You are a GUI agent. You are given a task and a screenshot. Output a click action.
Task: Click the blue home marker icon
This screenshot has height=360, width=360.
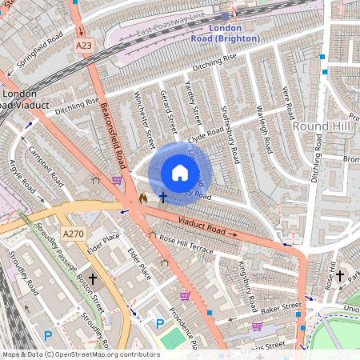click(180, 173)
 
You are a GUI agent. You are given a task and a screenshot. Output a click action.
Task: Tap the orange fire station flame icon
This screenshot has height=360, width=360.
click(143, 197)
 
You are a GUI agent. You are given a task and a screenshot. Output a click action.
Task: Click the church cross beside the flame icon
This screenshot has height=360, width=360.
click(162, 196)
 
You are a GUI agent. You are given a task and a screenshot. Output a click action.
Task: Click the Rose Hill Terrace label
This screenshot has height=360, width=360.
click(186, 244)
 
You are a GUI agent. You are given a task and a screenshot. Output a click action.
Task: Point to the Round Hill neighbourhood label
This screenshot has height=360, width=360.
click(321, 126)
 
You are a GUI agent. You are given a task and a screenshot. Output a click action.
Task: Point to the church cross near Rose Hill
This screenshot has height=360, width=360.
click(339, 276)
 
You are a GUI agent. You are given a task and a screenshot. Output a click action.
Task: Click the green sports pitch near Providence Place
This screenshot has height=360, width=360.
click(171, 338)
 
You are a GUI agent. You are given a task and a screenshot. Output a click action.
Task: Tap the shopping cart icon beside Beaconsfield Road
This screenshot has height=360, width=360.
click(117, 181)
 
